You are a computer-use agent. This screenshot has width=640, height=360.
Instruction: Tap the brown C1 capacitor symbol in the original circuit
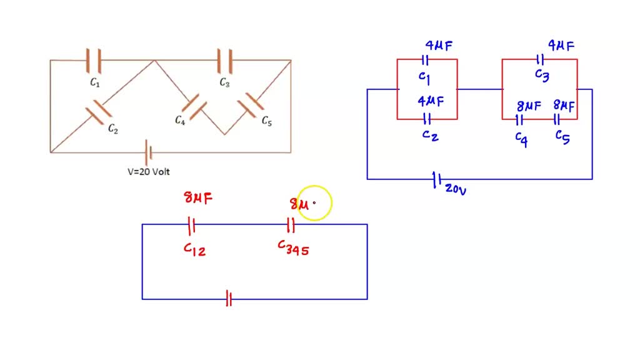click(94, 60)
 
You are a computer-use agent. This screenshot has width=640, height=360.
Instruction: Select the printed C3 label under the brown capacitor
click(224, 82)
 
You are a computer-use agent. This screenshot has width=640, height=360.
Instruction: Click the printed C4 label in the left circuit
click(180, 120)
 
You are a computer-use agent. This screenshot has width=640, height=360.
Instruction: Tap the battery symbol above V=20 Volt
click(148, 152)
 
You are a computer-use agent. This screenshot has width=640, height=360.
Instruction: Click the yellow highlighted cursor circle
click(314, 202)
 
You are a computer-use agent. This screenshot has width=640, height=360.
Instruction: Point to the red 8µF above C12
click(198, 199)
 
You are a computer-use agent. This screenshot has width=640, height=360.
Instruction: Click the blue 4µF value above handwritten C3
click(561, 46)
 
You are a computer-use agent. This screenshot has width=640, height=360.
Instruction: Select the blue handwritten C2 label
click(430, 135)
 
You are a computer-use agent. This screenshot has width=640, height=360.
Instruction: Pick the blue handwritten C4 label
click(521, 138)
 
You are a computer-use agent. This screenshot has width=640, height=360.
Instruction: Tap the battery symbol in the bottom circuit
click(229, 299)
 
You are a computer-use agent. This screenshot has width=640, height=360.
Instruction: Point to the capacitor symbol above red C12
click(192, 224)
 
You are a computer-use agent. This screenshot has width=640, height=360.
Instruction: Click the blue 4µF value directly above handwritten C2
click(431, 101)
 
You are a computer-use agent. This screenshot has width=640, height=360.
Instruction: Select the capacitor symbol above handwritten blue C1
click(425, 60)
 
